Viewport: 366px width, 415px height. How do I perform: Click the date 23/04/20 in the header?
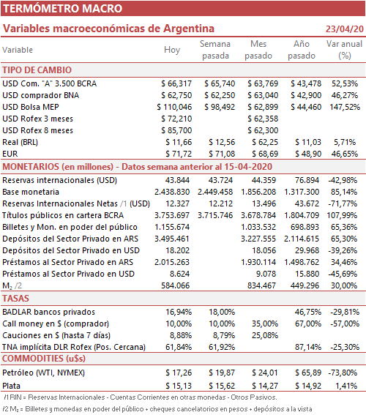[344, 29]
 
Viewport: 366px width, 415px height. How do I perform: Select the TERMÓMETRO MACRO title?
[62, 9]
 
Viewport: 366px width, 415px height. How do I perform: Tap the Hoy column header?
[172, 50]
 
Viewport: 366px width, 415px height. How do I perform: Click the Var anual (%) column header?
[344, 50]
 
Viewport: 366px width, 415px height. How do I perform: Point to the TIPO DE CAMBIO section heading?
[37, 70]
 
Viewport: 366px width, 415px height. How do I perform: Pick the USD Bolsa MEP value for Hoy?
[174, 107]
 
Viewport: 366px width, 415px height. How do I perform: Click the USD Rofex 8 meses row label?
[37, 130]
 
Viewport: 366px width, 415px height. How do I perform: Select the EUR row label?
[10, 154]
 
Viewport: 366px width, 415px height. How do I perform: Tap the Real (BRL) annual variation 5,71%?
[345, 142]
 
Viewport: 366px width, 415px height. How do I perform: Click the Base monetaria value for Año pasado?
[302, 192]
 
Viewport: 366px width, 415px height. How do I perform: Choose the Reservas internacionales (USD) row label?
[59, 180]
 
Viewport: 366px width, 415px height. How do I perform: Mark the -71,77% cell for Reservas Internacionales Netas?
[343, 203]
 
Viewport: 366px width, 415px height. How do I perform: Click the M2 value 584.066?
[176, 285]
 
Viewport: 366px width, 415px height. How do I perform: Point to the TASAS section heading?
[15, 299]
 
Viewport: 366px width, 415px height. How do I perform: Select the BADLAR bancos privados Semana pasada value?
[222, 312]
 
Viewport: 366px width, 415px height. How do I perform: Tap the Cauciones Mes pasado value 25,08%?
[265, 335]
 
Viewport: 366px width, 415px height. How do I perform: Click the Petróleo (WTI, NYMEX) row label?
[43, 373]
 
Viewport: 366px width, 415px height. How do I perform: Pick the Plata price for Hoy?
[179, 386]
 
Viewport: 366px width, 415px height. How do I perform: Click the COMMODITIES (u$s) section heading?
[44, 359]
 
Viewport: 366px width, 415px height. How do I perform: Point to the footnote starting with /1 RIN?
[141, 397]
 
